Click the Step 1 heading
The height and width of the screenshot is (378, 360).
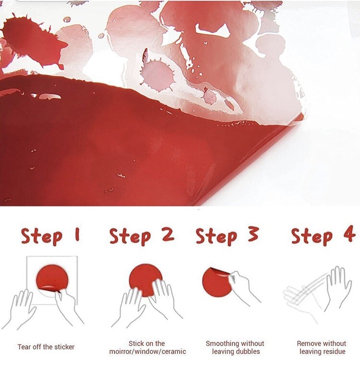pyautogui.click(x=50, y=236)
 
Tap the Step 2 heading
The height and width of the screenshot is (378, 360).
pyautogui.click(x=142, y=236)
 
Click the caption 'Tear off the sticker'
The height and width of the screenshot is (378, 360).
pyautogui.click(x=46, y=347)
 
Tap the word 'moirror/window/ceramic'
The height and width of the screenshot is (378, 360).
pyautogui.click(x=147, y=351)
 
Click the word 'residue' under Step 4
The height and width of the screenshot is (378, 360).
pyautogui.click(x=333, y=351)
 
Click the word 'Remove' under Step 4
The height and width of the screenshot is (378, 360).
pyautogui.click(x=308, y=343)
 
